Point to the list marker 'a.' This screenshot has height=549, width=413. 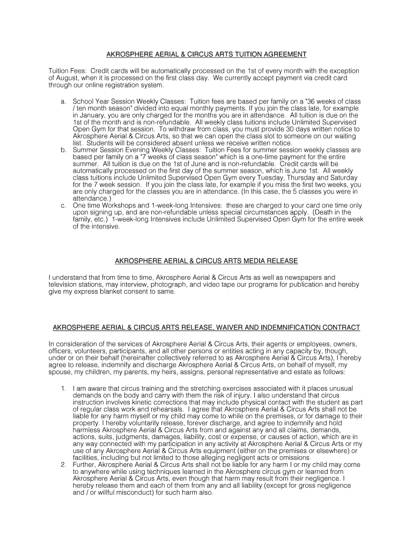point(64,101)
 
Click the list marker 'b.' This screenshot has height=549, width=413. point(64,150)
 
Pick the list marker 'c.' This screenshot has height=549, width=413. point(64,206)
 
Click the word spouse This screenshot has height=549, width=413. point(60,372)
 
